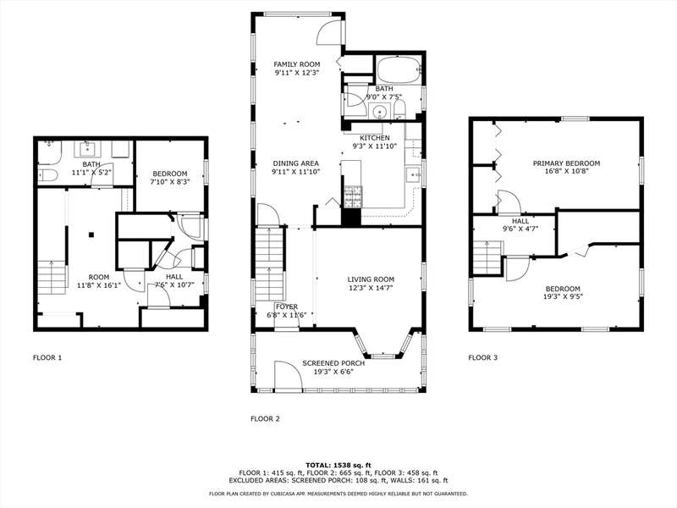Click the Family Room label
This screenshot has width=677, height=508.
297,64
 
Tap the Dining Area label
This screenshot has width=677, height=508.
295,163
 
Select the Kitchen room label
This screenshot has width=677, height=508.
375,138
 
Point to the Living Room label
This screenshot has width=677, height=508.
371,279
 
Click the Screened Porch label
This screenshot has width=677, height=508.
333,363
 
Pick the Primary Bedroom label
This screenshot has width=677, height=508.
566,163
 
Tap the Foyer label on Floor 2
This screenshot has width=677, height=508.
287,306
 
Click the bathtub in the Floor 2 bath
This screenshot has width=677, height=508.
398,69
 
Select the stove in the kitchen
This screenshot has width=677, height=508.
353,197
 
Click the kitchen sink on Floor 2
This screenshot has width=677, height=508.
414,174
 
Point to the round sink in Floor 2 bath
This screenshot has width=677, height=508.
380,112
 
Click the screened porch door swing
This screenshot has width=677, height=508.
288,376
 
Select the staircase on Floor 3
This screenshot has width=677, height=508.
488,258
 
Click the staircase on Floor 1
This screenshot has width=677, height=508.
52,278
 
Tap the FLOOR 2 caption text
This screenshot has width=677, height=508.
265,418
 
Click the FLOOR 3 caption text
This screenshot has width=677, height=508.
483,357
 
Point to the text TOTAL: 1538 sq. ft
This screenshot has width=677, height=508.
338,465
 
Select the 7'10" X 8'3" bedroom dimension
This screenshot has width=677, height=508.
170,181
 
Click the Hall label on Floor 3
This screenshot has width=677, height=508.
520,221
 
